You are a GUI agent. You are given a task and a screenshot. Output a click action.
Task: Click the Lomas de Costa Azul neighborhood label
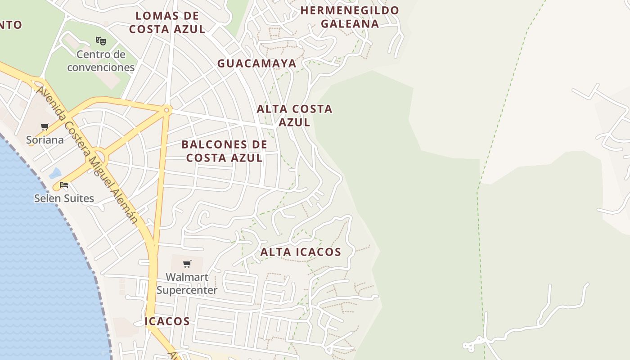click(x=167, y=22)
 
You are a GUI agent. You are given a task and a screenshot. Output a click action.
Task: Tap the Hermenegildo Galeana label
click(x=350, y=17)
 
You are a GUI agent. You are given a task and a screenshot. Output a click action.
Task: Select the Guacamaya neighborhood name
click(x=257, y=63)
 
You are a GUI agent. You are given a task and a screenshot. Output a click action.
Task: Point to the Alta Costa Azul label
click(x=294, y=115)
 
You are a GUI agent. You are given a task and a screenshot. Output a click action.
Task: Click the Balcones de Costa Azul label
click(x=225, y=151)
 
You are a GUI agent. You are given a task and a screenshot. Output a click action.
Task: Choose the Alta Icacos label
click(x=301, y=252)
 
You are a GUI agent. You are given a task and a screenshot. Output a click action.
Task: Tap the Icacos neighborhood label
click(x=167, y=321)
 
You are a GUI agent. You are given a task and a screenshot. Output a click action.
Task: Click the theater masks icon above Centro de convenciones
click(x=101, y=41)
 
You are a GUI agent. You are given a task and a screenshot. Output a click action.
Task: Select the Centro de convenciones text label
click(x=101, y=61)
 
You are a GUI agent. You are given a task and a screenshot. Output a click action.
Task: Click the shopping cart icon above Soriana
click(x=45, y=127)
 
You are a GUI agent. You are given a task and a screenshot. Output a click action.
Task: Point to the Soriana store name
click(x=45, y=140)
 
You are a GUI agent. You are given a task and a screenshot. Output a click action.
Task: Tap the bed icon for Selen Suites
click(x=64, y=185)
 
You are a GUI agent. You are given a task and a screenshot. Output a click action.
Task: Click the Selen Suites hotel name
click(x=64, y=198)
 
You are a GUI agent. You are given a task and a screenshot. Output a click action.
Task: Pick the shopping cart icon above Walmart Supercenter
click(x=187, y=264)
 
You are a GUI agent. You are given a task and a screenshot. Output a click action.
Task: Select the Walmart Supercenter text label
click(x=187, y=283)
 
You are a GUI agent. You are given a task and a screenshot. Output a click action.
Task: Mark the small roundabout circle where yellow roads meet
click(x=167, y=110)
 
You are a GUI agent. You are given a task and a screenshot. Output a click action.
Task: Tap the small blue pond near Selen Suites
click(x=55, y=173)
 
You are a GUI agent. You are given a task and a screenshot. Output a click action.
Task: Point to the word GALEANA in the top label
click(x=350, y=23)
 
